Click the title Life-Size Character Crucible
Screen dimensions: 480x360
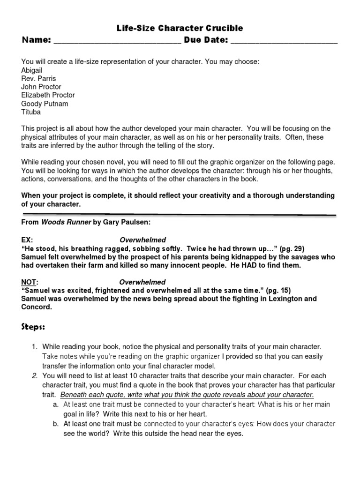pyautogui.click(x=180, y=29)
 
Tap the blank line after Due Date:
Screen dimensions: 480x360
pyautogui.click(x=284, y=42)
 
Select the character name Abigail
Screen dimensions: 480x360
pyautogui.click(x=32, y=70)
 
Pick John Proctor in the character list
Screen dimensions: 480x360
pyautogui.click(x=41, y=87)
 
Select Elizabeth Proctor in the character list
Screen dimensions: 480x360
pyautogui.click(x=48, y=95)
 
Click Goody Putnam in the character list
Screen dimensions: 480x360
pyautogui.click(x=45, y=104)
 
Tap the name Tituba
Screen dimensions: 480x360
pyautogui.click(x=31, y=112)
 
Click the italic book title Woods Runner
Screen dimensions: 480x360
pyautogui.click(x=66, y=223)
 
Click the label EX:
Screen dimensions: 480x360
pyautogui.click(x=27, y=240)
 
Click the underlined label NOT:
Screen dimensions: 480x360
pyautogui.click(x=29, y=282)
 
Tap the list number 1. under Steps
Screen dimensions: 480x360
pyautogui.click(x=34, y=347)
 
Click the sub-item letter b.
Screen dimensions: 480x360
pyautogui.click(x=55, y=424)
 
